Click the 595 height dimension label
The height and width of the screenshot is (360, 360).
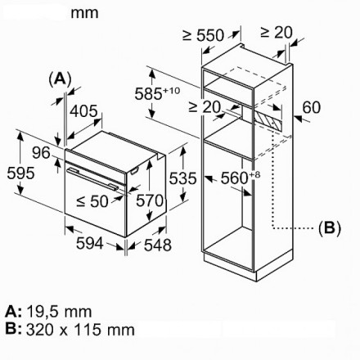[20, 173]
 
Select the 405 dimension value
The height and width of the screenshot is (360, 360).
[83, 111]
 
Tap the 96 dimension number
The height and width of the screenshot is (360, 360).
[41, 152]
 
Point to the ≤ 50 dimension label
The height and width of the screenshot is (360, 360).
[92, 201]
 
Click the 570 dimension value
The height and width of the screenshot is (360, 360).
[150, 200]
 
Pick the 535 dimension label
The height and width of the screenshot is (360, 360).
[182, 178]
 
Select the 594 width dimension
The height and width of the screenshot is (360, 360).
[90, 243]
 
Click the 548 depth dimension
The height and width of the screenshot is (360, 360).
[158, 245]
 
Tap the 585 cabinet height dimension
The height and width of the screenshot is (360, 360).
[157, 93]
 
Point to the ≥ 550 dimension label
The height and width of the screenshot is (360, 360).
[204, 35]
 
